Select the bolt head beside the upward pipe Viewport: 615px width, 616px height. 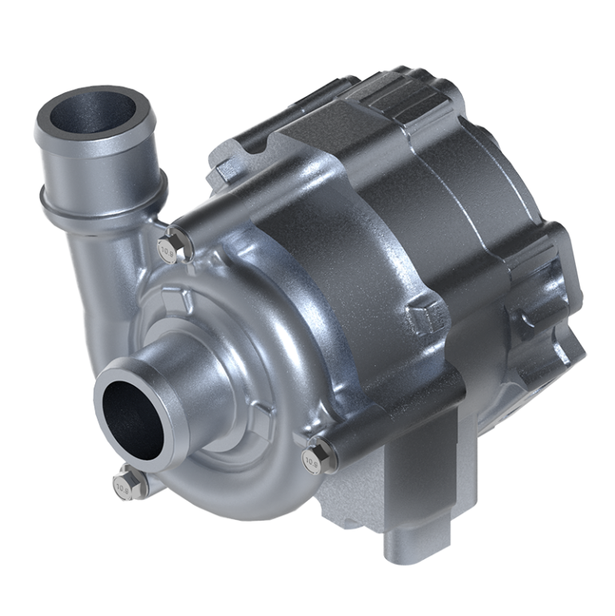(x=169, y=251)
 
